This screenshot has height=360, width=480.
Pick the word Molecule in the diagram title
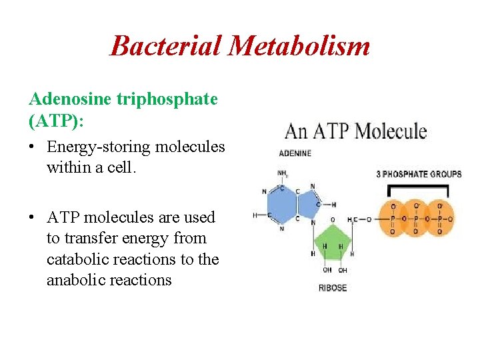[x=391, y=131]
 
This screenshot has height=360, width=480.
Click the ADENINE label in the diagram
[x=295, y=153]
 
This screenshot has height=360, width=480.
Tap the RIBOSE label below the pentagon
[x=332, y=288]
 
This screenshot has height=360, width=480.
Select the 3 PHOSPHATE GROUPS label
[x=419, y=175]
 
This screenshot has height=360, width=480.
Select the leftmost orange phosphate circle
[x=393, y=218]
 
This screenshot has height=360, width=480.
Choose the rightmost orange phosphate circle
[x=439, y=218]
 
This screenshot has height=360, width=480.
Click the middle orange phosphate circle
[x=416, y=218]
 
